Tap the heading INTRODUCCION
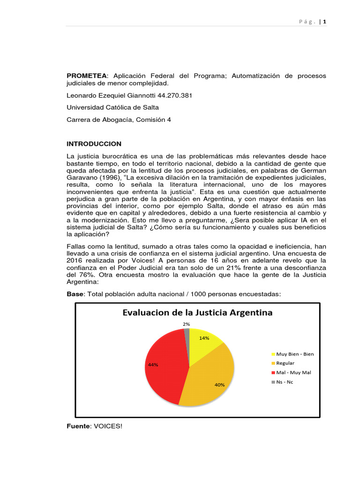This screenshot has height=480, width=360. pos(94,144)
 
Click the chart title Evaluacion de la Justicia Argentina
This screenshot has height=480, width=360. pos(197,313)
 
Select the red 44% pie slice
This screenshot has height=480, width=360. pos(164,366)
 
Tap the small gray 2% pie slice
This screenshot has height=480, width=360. pos(187,333)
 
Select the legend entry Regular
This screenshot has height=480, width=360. pos(285,363)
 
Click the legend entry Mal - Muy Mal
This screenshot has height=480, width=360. pos(293,373)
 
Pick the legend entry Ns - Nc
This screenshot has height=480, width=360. pos(284,382)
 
